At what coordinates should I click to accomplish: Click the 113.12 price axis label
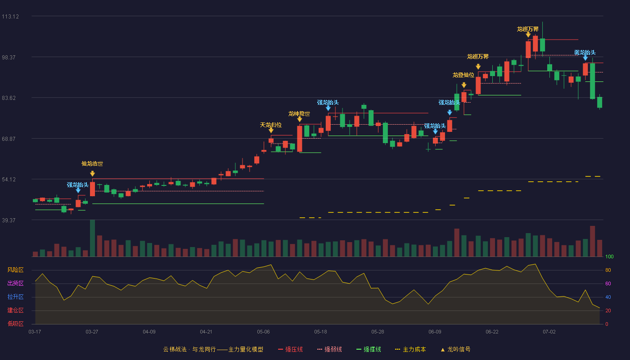click(10, 17)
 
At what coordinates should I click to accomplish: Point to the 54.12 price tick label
click(9, 180)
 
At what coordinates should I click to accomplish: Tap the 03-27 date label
click(92, 332)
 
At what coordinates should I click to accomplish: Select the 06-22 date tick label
click(492, 332)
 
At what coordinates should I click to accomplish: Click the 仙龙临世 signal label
click(92, 164)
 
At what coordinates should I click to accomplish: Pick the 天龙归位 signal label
click(271, 125)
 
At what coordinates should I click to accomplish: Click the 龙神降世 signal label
click(299, 113)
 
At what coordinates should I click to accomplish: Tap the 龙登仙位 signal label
click(463, 75)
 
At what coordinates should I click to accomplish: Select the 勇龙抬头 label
click(585, 53)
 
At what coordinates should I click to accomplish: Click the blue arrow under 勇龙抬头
click(585, 58)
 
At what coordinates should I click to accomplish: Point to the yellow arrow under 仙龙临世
click(92, 174)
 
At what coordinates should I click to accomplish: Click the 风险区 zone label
click(15, 270)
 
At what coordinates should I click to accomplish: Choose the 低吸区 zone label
click(15, 324)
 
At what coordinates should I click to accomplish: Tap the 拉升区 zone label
click(15, 297)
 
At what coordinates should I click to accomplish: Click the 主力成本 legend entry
click(410, 349)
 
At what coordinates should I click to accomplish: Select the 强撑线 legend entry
click(369, 349)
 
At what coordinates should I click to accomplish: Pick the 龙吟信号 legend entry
click(455, 349)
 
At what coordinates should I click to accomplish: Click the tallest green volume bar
click(92, 238)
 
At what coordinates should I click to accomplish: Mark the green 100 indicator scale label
click(609, 256)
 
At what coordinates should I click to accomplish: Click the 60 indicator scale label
click(608, 283)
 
